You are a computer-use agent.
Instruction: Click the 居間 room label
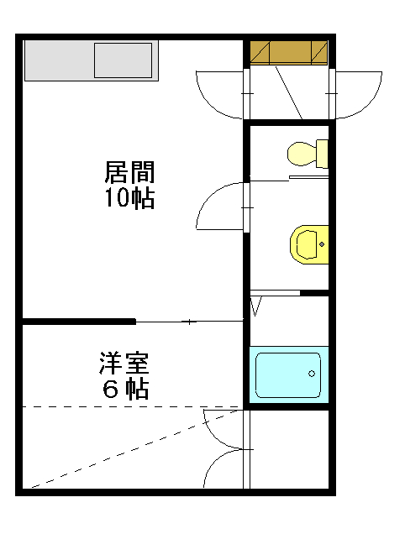(x=129, y=172)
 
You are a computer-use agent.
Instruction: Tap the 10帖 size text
(x=129, y=198)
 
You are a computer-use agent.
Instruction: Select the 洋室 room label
(x=124, y=363)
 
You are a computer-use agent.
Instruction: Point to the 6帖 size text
(x=125, y=389)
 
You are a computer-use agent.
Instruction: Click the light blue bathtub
(x=289, y=375)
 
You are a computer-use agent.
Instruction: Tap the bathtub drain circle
(x=312, y=374)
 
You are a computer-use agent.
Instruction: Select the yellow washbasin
(x=309, y=244)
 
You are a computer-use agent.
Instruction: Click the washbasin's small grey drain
(x=322, y=244)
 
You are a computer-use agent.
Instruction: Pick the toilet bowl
(x=302, y=154)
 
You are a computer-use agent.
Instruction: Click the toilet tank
(x=322, y=154)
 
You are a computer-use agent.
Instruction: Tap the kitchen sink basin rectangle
(x=123, y=60)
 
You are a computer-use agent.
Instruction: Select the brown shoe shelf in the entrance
(x=289, y=53)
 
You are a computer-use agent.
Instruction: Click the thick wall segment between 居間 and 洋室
(x=79, y=321)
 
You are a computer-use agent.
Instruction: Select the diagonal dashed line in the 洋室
(x=135, y=449)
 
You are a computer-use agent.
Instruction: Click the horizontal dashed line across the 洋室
(x=130, y=406)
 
